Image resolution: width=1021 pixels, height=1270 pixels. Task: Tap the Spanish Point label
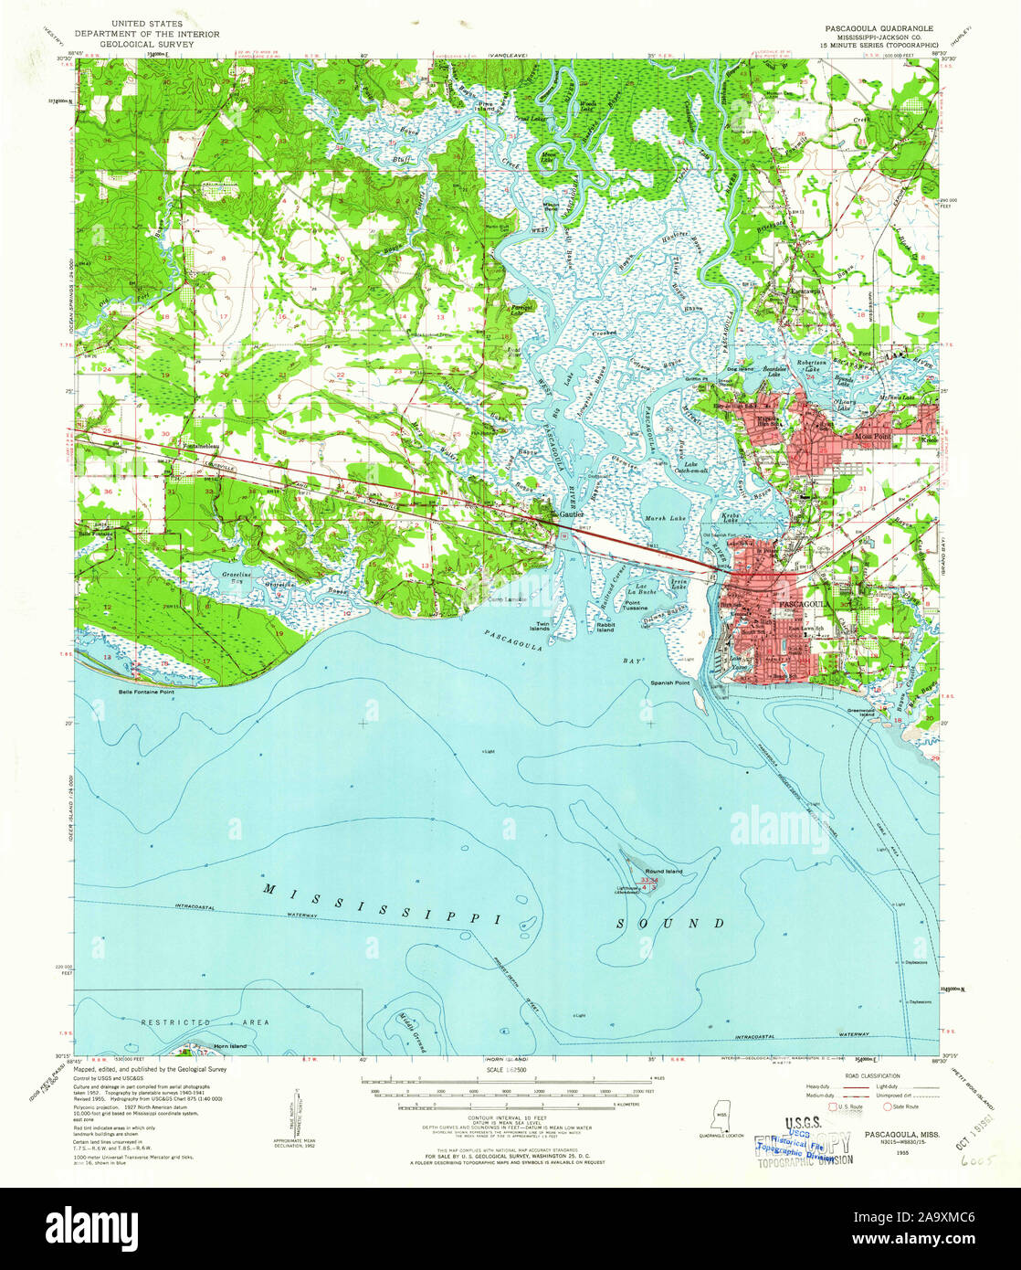coord(670,683)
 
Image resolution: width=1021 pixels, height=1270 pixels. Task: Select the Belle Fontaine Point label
coord(146,691)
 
